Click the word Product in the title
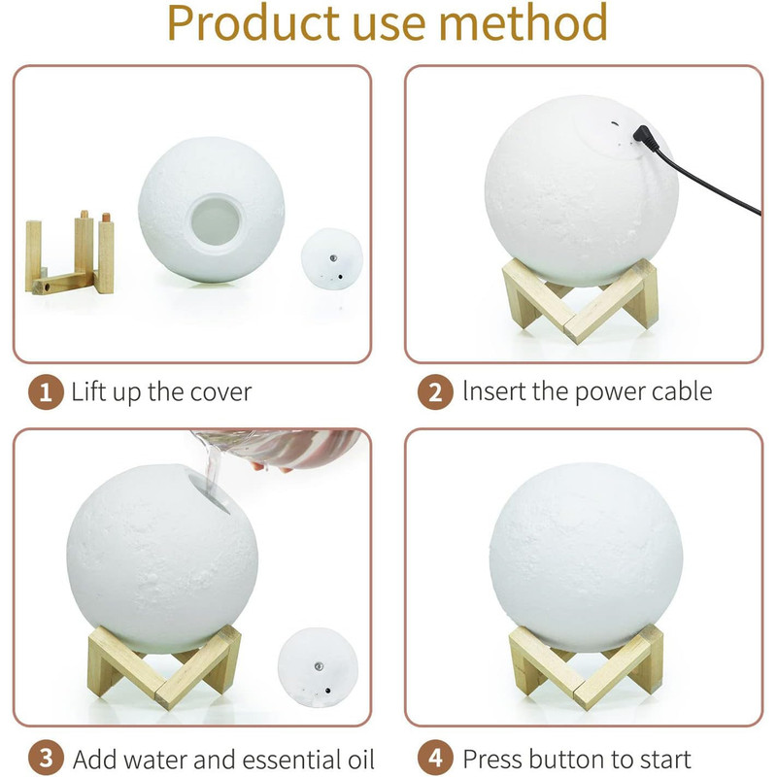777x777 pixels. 253,22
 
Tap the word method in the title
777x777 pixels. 524,21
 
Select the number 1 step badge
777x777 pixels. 46,392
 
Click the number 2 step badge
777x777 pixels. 435,392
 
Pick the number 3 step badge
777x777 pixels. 46,759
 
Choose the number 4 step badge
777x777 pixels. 435,759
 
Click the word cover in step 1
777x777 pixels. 220,393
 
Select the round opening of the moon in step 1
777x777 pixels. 216,220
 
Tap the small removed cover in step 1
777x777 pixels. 332,258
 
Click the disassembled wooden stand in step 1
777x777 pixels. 70,254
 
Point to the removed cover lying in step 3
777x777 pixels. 318,665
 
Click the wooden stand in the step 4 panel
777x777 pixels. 587,665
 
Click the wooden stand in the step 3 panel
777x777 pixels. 164,665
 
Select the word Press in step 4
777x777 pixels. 491,760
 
